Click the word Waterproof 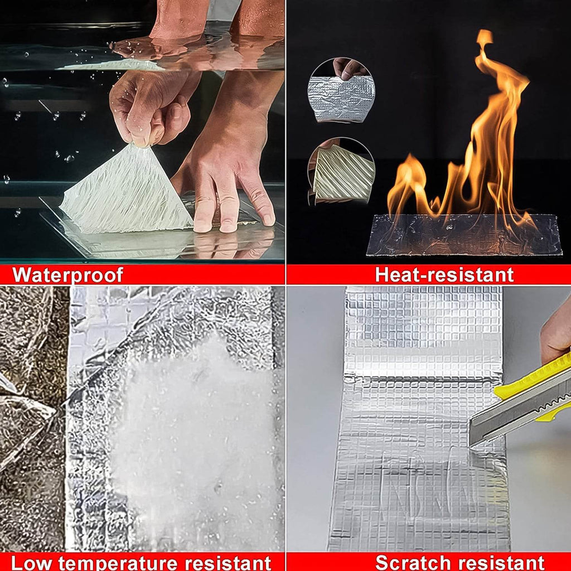pyautogui.click(x=67, y=275)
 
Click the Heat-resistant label pyautogui.click(x=444, y=275)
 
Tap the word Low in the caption pyautogui.click(x=33, y=562)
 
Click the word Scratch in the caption pyautogui.click(x=413, y=562)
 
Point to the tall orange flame pyautogui.click(x=491, y=139)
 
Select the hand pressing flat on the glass pyautogui.click(x=229, y=184)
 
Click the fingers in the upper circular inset pyautogui.click(x=349, y=68)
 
